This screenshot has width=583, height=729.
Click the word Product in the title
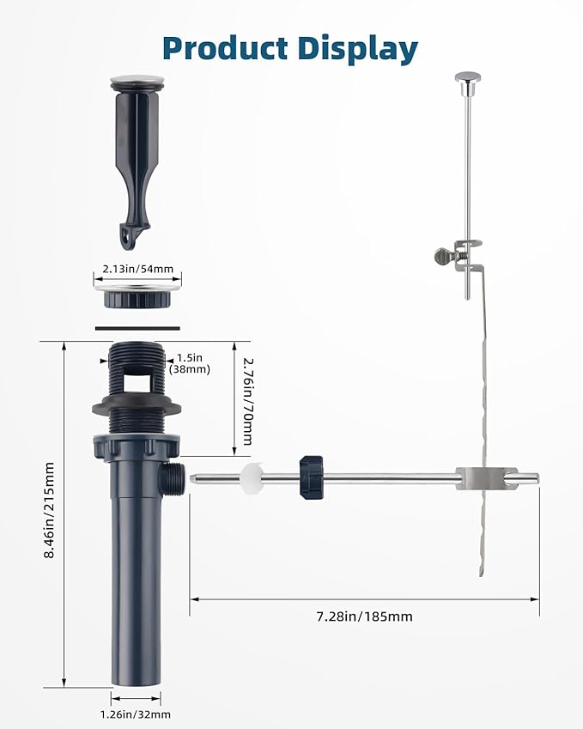point(226,48)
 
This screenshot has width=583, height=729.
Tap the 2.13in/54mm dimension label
point(137,269)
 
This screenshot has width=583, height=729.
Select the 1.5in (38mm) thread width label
point(190,363)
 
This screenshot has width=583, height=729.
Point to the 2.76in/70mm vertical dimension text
point(248,401)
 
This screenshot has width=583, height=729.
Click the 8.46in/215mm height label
point(49,509)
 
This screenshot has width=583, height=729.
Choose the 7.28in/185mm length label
point(365,617)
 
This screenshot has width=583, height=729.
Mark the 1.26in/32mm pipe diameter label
point(136,714)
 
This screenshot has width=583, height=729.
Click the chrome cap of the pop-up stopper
point(137,82)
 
